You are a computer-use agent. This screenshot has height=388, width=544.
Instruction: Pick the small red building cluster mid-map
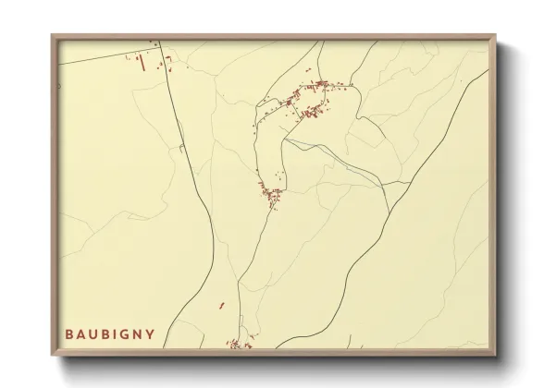274,195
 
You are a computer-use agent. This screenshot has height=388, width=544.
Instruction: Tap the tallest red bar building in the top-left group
139,64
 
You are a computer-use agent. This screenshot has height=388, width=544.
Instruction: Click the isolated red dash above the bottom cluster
222,304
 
